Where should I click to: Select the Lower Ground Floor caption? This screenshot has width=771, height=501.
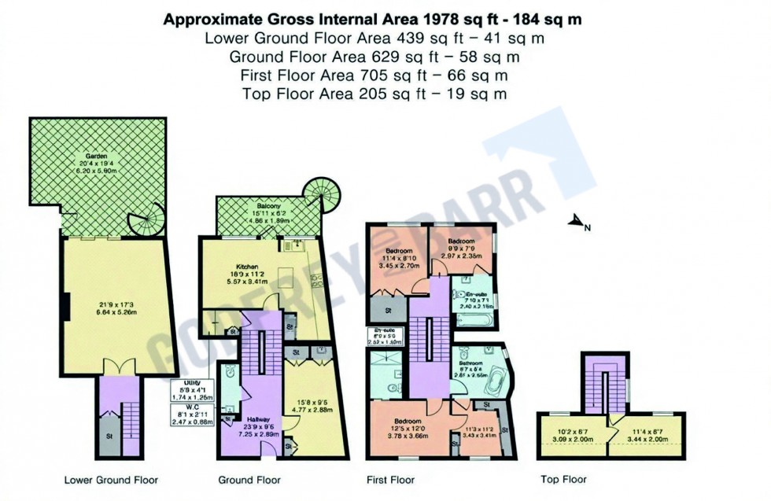coord(111,479)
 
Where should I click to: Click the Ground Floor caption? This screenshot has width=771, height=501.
coord(249,479)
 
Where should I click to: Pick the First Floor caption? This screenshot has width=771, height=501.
coord(391,479)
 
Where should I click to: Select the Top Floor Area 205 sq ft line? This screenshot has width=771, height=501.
coord(374,94)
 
